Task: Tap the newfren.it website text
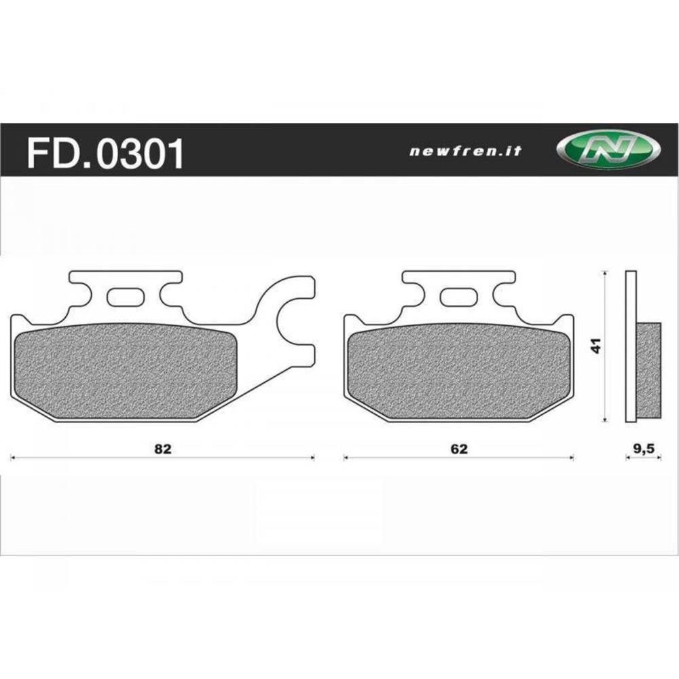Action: pos(465,151)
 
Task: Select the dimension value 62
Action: pos(459,449)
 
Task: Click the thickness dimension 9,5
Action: pos(643,449)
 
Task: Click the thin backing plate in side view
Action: pos(631,346)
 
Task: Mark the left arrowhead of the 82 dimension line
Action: pos(13,458)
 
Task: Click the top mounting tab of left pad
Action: pos(125,278)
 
